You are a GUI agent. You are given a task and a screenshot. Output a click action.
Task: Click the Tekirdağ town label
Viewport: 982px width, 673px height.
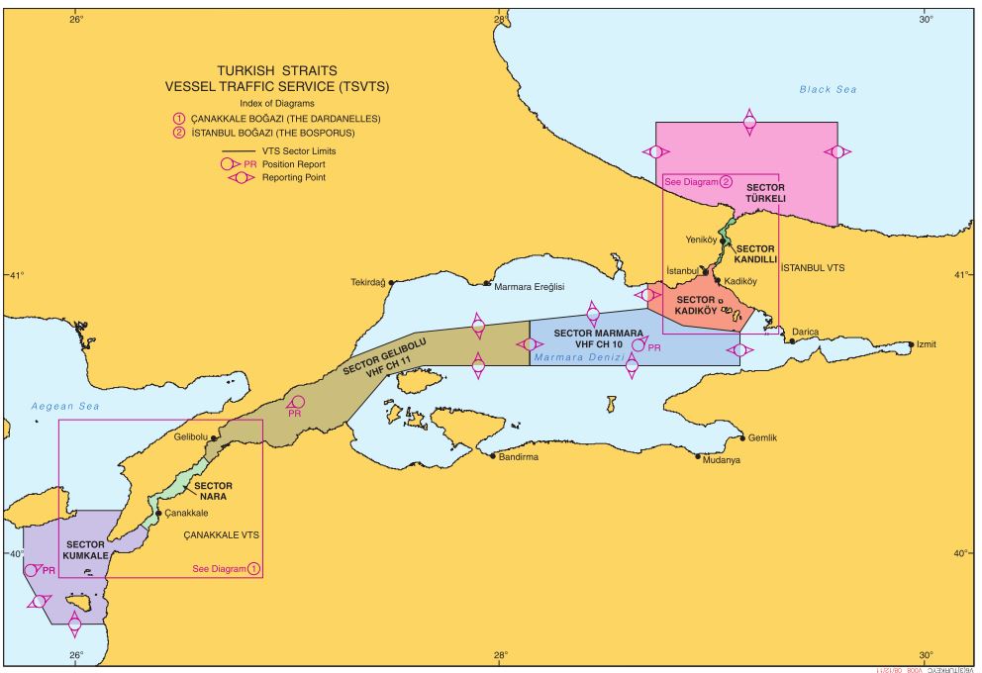click(x=366, y=282)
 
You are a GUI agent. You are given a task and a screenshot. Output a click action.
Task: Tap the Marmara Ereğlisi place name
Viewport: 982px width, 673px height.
click(x=529, y=286)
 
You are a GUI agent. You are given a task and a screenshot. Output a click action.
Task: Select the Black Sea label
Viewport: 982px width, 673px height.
click(x=828, y=90)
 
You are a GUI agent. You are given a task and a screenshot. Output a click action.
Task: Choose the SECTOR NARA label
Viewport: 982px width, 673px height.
click(x=213, y=491)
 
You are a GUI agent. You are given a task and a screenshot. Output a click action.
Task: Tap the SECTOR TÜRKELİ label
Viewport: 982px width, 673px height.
click(x=765, y=193)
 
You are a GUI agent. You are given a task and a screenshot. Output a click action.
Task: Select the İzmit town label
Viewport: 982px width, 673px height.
click(x=927, y=344)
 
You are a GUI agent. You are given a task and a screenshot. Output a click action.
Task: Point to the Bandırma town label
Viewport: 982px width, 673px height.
click(x=519, y=457)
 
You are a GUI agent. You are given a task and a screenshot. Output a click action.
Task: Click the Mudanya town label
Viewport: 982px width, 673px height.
click(x=721, y=460)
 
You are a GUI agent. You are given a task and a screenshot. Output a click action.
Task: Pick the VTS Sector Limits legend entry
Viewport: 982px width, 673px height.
click(x=291, y=150)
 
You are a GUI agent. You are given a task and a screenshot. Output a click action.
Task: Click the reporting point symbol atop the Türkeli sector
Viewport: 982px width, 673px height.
click(x=749, y=122)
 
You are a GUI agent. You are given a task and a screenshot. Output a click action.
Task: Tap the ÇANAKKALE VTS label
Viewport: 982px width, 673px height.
click(x=222, y=534)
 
